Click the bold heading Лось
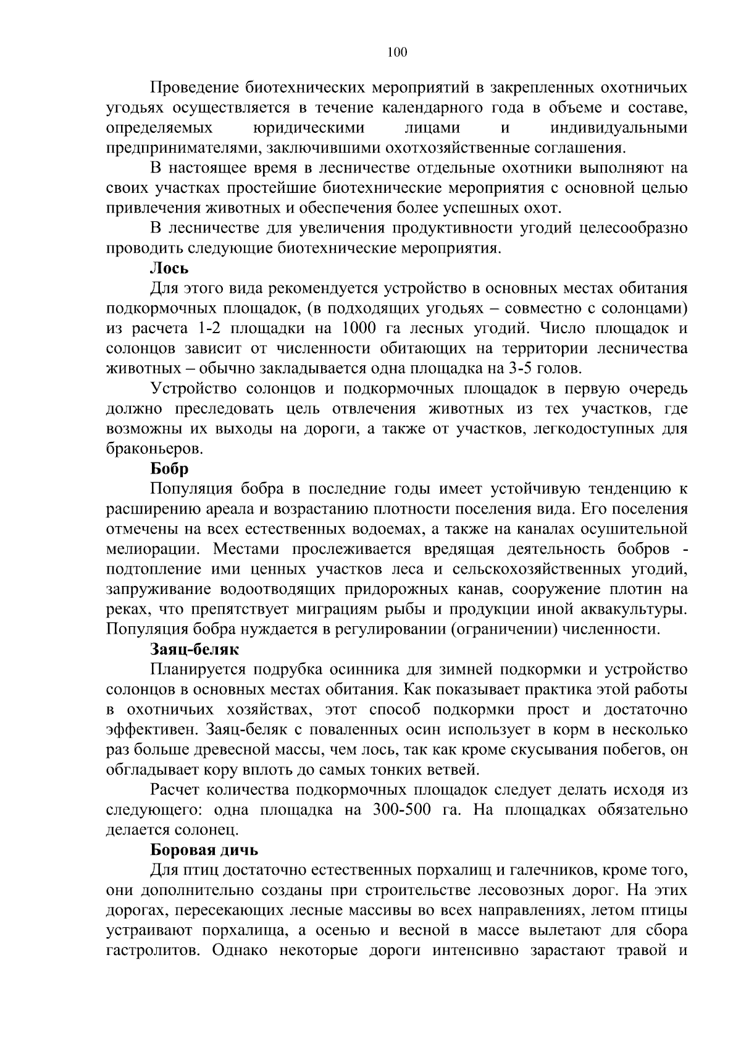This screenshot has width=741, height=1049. pos(169,268)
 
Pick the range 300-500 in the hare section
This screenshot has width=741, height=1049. pos(402,810)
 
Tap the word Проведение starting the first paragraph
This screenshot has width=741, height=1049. pos(194,88)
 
